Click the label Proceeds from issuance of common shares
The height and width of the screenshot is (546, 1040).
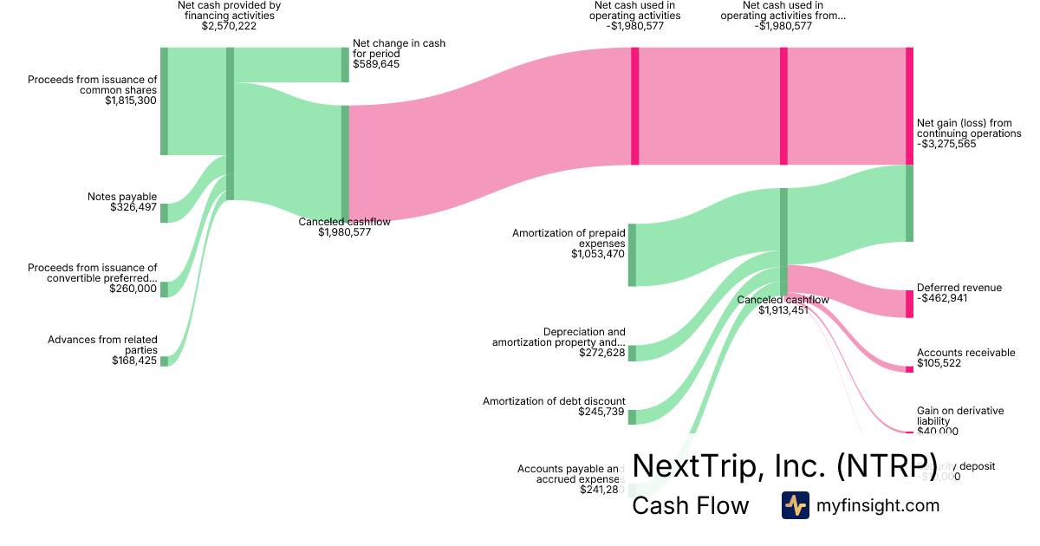point(92,84)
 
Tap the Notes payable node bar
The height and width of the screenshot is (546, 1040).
point(164,212)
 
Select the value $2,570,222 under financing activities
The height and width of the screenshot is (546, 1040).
point(229,26)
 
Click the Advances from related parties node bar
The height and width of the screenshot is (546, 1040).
point(164,361)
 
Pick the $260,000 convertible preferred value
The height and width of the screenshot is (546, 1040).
point(133,289)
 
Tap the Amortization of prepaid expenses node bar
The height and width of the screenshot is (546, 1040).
point(632,254)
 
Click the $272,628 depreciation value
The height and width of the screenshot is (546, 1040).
point(601,353)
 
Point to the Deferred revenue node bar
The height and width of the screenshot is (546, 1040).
point(909,303)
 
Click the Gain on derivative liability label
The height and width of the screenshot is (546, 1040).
point(959,416)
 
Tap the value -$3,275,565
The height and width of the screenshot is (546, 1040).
point(946,145)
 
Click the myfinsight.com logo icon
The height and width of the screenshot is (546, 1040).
point(795,505)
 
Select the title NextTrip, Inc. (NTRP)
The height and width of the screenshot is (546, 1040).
point(785,465)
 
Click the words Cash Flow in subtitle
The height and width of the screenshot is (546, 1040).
point(690,506)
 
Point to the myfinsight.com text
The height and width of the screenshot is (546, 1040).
point(878,505)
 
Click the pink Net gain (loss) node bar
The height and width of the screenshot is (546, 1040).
point(909,106)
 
